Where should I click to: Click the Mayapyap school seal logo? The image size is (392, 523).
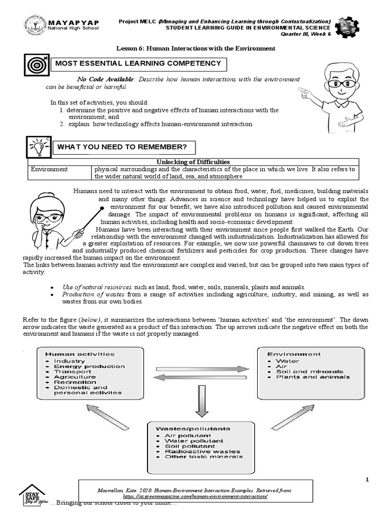35,26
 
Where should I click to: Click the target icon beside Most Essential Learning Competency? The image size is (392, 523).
36,65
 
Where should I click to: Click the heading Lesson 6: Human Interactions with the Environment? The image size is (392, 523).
196,49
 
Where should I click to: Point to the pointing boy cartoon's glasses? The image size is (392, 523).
339,83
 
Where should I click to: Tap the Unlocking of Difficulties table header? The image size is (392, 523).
195,161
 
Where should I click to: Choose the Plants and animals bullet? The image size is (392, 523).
313,377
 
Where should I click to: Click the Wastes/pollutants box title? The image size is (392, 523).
194,429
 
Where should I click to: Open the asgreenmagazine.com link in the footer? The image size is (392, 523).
195,496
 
